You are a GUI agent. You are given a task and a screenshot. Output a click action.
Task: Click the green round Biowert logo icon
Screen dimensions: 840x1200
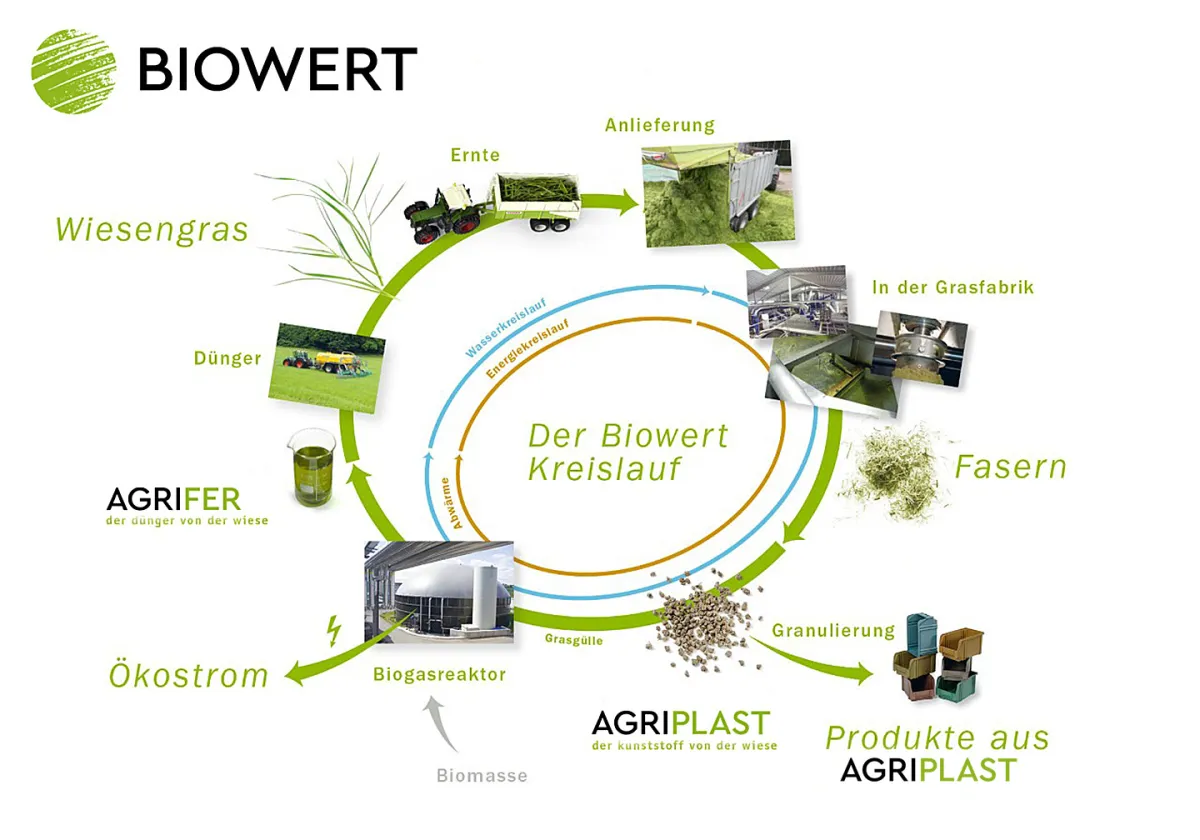click(x=73, y=69)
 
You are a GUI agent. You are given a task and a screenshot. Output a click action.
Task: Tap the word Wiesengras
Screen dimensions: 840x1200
click(x=151, y=230)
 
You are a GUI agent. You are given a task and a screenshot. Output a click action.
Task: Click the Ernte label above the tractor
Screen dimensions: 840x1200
click(x=475, y=155)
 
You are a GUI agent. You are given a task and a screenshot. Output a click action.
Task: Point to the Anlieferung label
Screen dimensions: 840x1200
click(x=660, y=125)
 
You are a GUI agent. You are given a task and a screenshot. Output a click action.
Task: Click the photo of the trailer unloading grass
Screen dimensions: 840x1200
click(x=716, y=194)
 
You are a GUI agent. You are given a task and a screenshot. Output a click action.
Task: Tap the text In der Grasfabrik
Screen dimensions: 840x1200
click(x=952, y=288)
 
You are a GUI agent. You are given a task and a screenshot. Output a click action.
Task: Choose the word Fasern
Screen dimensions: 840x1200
click(x=1010, y=467)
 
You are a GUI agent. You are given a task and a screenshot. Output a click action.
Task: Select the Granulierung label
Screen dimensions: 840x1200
click(x=833, y=631)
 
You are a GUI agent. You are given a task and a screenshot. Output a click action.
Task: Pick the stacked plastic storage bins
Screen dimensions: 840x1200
click(x=937, y=656)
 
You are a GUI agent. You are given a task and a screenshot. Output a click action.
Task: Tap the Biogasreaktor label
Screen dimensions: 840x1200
click(x=439, y=675)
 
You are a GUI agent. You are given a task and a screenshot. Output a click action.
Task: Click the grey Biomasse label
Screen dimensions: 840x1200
click(x=482, y=775)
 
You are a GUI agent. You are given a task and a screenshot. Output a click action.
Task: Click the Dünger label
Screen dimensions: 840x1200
click(x=229, y=358)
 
